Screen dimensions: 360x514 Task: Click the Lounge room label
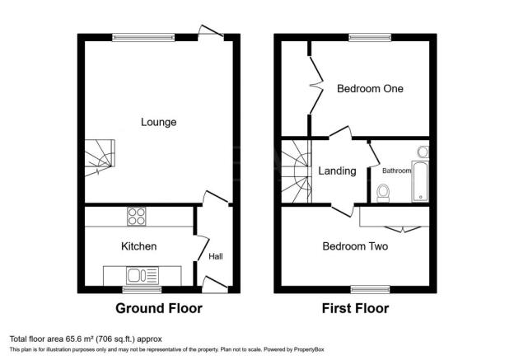[158, 122]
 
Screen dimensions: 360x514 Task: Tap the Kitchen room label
[138, 246]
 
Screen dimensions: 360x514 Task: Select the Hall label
[215, 256]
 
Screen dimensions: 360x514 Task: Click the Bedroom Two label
[355, 246]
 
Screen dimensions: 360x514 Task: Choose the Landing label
[337, 171]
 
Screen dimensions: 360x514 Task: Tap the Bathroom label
[395, 171]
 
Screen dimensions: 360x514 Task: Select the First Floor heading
[354, 309]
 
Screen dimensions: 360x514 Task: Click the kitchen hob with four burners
[136, 217]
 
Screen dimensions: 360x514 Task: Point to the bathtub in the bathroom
[421, 182]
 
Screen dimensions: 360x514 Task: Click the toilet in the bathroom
[382, 193]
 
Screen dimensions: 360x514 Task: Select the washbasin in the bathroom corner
[423, 152]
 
